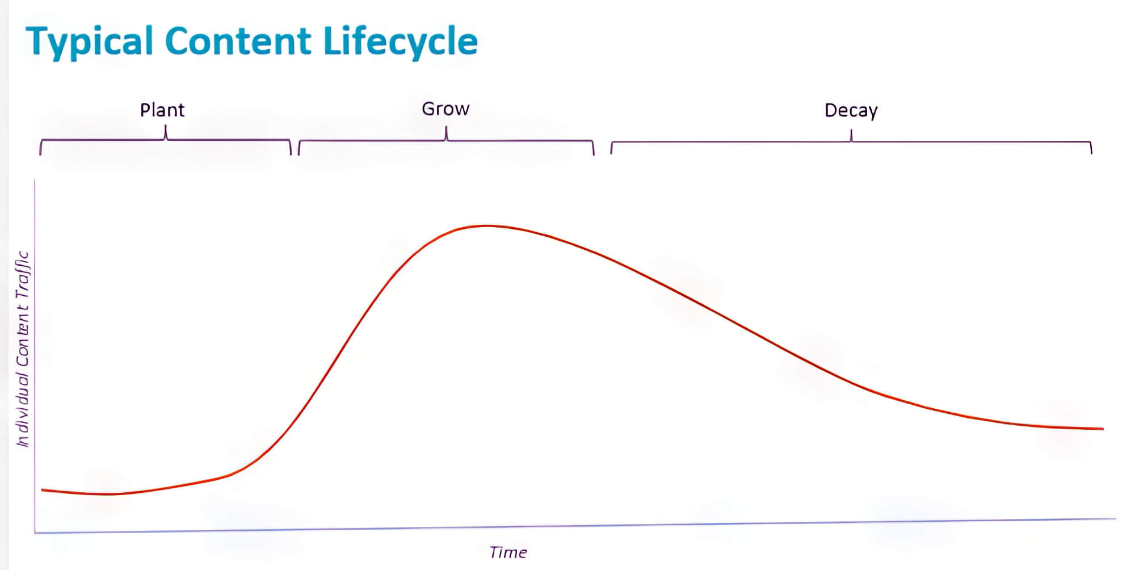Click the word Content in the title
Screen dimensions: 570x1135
coord(238,41)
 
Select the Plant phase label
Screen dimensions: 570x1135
coord(162,110)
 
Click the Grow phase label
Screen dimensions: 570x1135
coord(445,108)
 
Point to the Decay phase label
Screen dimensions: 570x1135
coord(851,110)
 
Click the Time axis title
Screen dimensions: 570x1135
coord(508,552)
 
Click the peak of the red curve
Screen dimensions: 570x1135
coord(487,226)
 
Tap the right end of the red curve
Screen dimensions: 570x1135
coord(1103,429)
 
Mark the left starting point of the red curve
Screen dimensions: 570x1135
coord(42,489)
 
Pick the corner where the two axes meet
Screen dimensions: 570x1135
coord(35,533)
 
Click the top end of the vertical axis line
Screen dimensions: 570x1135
coord(35,181)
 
